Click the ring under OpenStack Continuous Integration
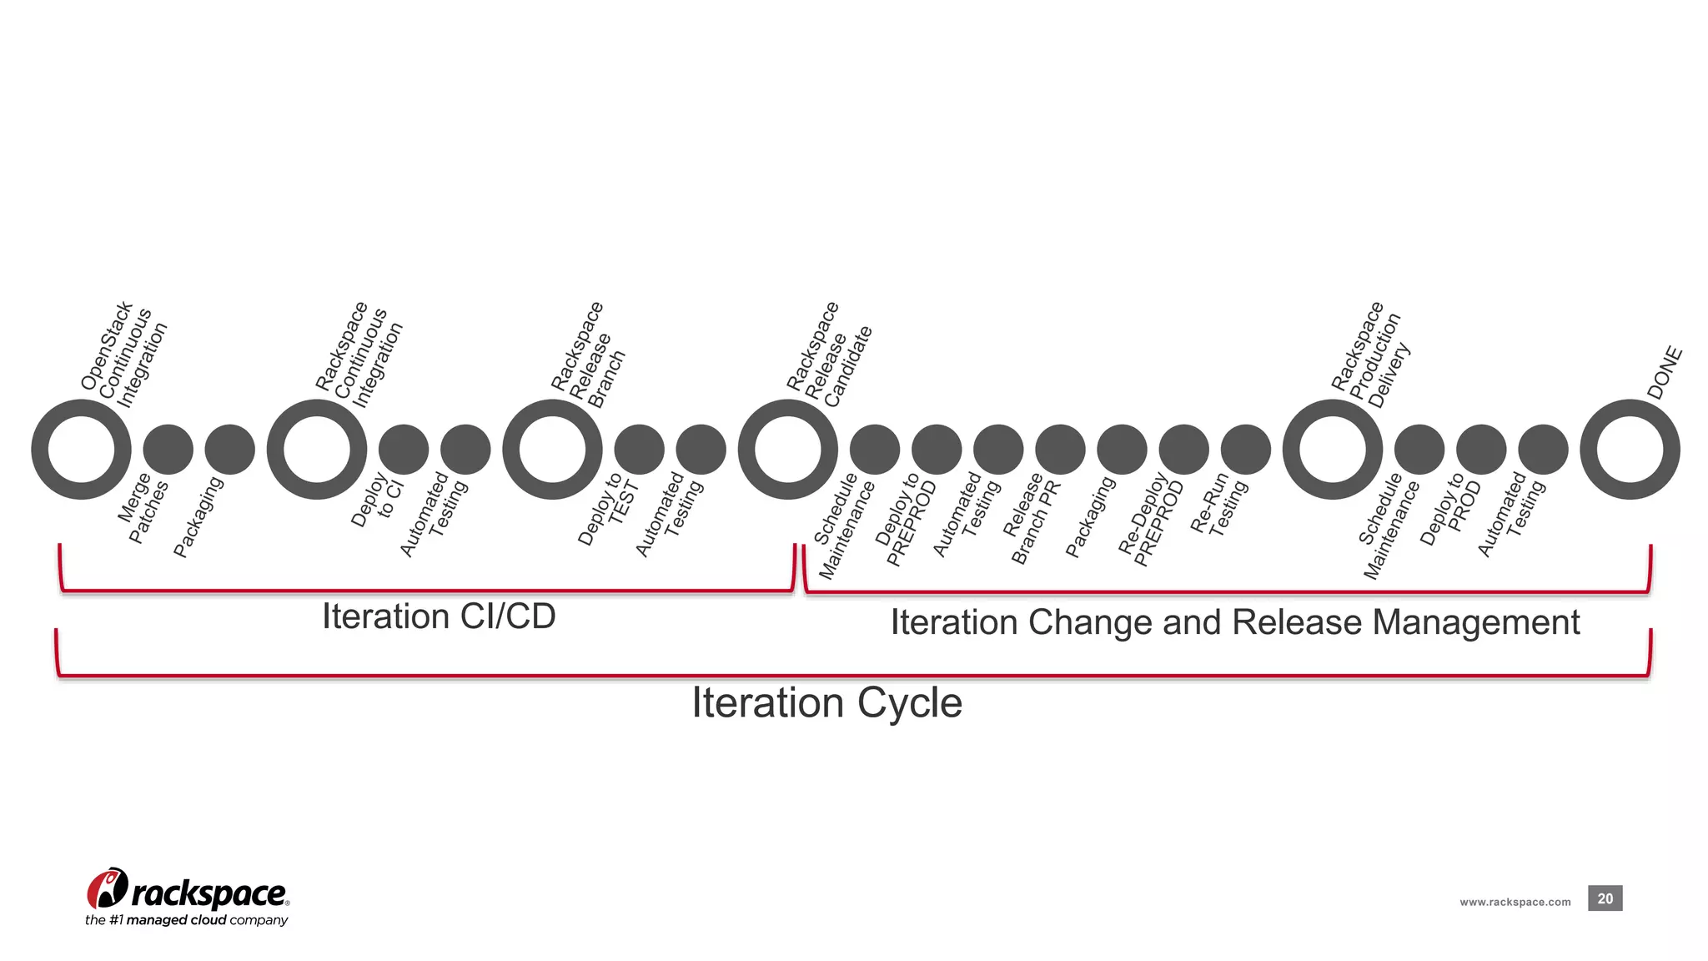coord(81,449)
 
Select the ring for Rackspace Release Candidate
coord(787,449)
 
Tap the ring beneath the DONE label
coord(1630,449)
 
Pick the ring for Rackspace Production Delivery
coord(1332,449)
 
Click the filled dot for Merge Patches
coord(168,449)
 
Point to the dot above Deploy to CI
coord(404,449)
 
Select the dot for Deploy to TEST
coord(639,449)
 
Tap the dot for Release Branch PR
coord(1060,449)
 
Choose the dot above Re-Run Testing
coord(1245,449)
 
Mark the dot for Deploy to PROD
coord(1481,449)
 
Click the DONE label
coord(1665,373)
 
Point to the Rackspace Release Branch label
coord(588,355)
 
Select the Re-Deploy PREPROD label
coord(1151,520)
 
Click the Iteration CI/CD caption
coord(439,617)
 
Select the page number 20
coord(1605,898)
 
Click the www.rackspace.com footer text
coord(1515,902)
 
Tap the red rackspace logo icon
coord(107,888)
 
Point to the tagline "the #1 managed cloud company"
coord(186,920)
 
